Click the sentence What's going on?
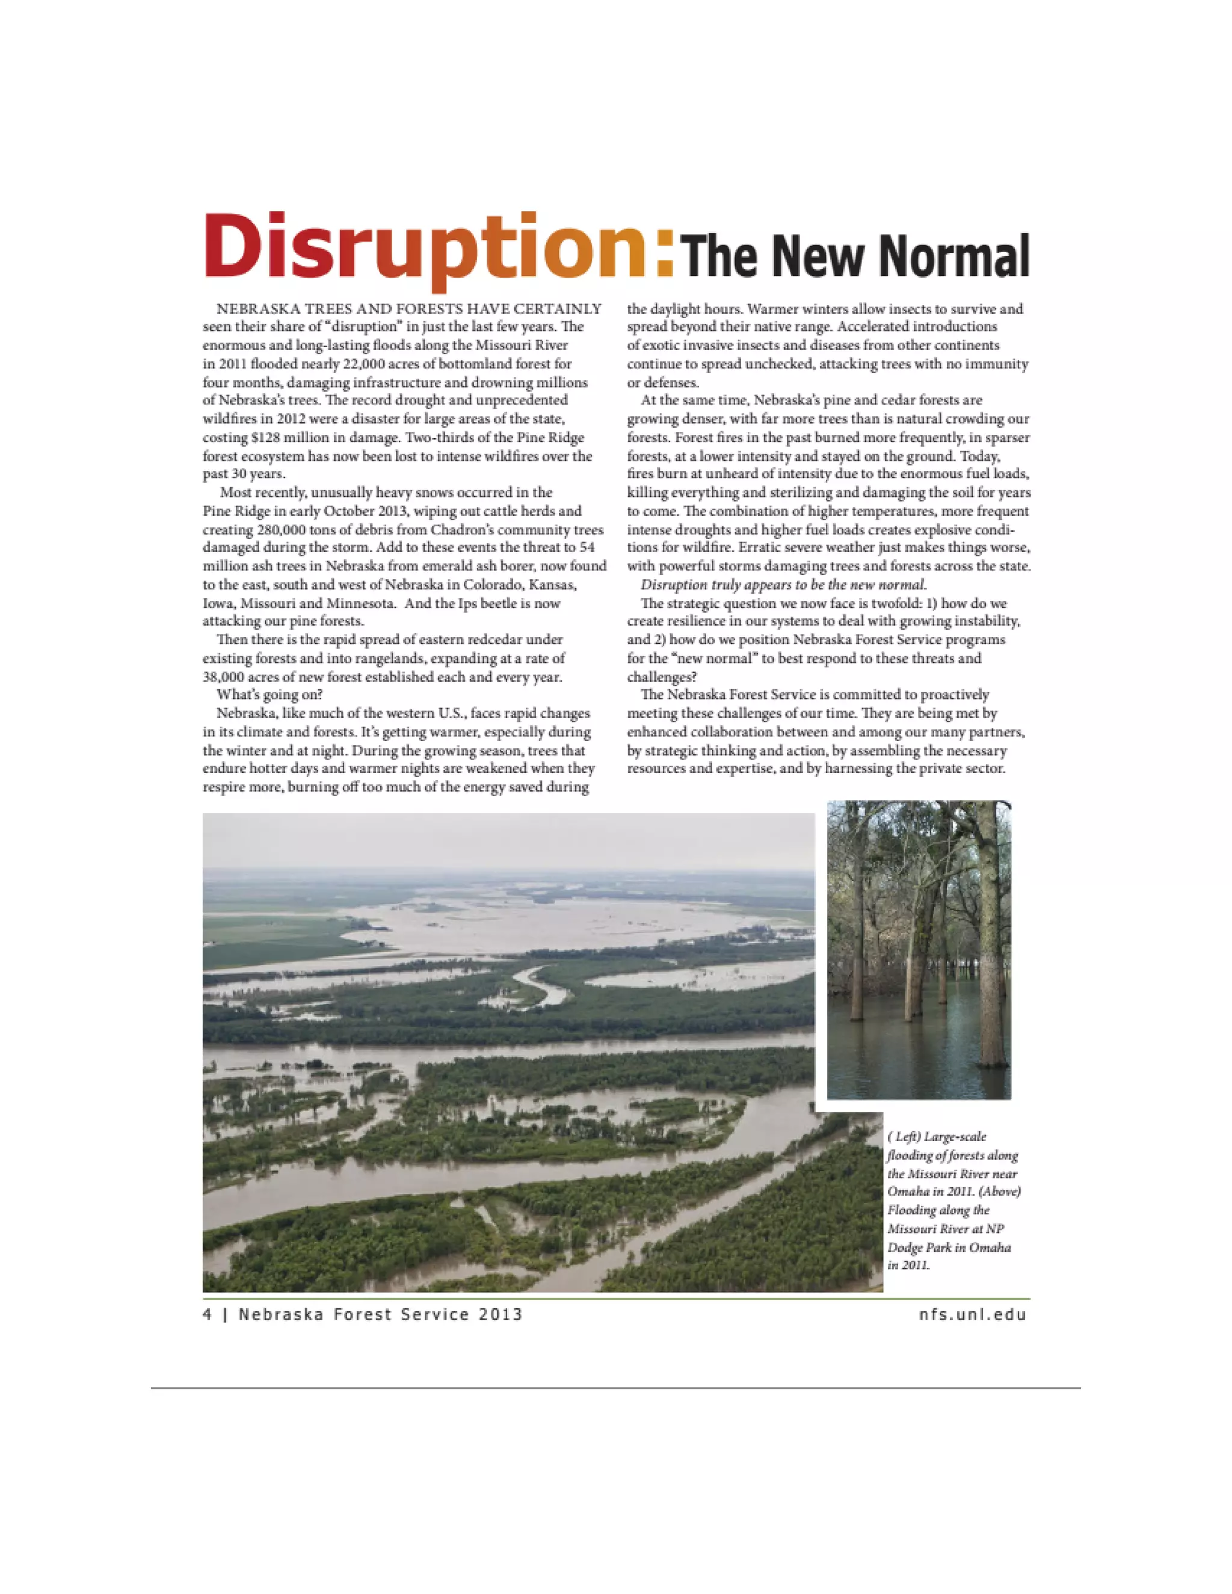coord(269,694)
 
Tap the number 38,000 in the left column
coord(226,677)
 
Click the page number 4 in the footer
coord(208,1314)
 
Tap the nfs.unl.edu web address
coord(973,1314)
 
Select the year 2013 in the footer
coord(500,1314)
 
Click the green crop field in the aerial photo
coord(270,941)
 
